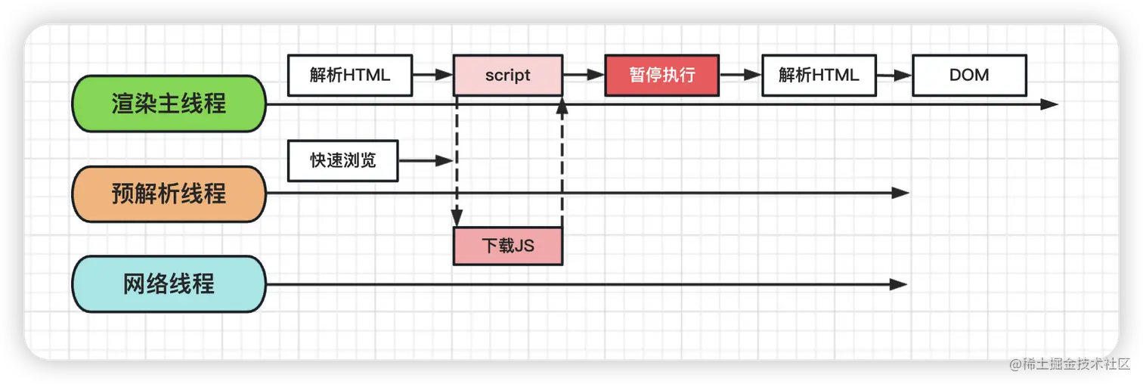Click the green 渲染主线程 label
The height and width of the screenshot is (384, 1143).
[x=169, y=104]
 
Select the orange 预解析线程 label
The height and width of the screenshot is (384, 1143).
[x=169, y=194]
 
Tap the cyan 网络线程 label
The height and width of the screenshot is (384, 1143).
[x=169, y=284]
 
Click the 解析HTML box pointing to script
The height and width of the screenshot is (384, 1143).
[x=349, y=75]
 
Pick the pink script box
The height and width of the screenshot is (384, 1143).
[x=508, y=75]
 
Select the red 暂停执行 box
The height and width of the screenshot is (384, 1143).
[x=661, y=75]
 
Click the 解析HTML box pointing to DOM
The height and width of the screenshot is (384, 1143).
[x=819, y=75]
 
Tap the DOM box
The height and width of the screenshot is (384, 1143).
[x=969, y=75]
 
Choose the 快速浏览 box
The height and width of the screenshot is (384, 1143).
[x=342, y=160]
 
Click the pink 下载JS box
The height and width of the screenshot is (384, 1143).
[x=508, y=246]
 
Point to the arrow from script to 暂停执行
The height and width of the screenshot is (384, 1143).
[x=584, y=75]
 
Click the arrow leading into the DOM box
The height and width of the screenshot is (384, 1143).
[x=894, y=75]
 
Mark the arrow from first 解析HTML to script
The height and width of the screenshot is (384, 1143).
[x=432, y=75]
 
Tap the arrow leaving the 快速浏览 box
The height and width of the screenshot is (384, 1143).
[x=425, y=160]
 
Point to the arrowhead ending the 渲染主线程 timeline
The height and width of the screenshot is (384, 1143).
[x=1049, y=104]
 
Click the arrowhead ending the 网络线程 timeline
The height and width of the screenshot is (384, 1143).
[x=899, y=284]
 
